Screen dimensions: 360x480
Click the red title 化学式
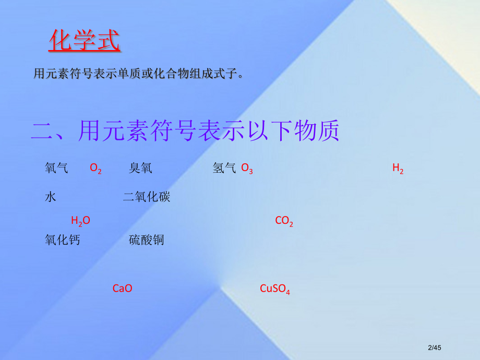[x=84, y=41]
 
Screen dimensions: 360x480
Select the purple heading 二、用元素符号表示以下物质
[x=185, y=131]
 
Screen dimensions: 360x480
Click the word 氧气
[x=56, y=168]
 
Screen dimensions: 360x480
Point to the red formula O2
[x=95, y=169]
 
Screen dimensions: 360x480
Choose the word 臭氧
[x=140, y=168]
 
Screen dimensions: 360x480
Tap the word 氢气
[x=224, y=168]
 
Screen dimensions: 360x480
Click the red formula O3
[x=247, y=169]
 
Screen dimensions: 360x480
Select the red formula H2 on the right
[x=398, y=169]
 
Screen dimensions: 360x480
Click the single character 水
[x=51, y=197]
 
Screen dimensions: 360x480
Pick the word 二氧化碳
[x=147, y=197]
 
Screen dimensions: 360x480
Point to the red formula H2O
[x=80, y=221]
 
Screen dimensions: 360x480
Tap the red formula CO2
[x=284, y=221]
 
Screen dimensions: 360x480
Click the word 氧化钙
[x=63, y=240]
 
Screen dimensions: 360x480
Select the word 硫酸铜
[x=147, y=240]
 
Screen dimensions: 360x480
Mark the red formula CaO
[x=122, y=288]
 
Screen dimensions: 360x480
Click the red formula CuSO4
[x=274, y=289]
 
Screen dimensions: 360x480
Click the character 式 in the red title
[x=107, y=41]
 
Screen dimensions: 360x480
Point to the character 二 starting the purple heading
[x=42, y=131]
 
